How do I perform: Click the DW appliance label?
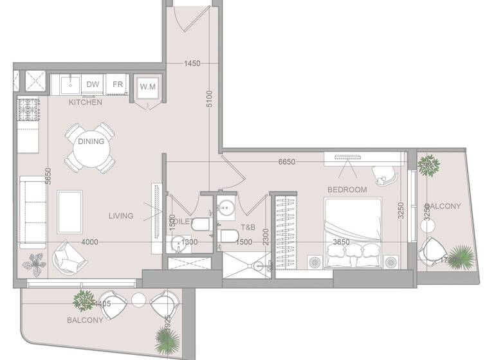(93, 84)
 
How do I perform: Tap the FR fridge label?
(118, 84)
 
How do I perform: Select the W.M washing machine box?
(148, 87)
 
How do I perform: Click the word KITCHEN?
(85, 102)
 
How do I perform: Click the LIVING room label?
(121, 216)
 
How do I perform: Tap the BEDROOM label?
(347, 190)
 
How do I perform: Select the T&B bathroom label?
(248, 227)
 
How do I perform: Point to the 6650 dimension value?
(286, 162)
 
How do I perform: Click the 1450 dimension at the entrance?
(192, 64)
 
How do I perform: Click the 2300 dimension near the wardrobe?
(264, 238)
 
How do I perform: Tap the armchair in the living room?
(67, 256)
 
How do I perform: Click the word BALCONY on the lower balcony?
(85, 320)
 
